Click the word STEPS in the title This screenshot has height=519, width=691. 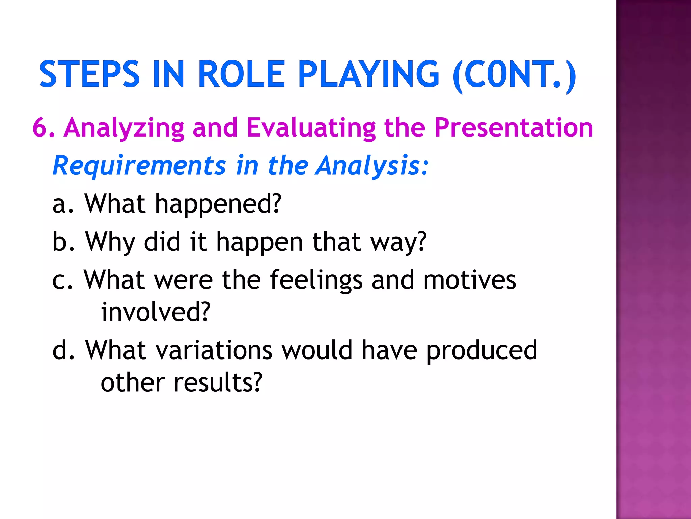(x=89, y=74)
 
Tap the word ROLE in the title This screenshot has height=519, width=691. (x=241, y=74)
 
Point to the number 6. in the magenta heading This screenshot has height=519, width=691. (x=44, y=128)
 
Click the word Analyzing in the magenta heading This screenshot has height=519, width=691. (x=124, y=128)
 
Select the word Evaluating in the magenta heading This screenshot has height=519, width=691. (x=311, y=128)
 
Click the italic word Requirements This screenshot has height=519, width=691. (x=139, y=166)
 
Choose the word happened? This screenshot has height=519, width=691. (x=218, y=205)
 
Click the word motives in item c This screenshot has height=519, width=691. (x=469, y=280)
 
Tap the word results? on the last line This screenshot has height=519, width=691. (x=218, y=382)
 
